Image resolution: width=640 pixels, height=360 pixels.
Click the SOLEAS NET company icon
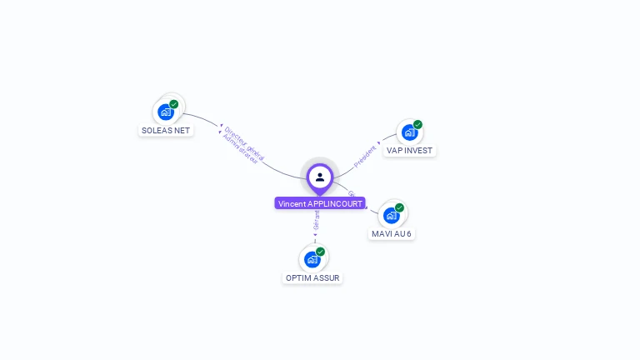pyautogui.click(x=166, y=112)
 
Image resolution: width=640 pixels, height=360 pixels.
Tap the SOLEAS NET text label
pyautogui.click(x=166, y=131)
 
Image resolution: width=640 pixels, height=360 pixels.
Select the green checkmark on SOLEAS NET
pyautogui.click(x=174, y=104)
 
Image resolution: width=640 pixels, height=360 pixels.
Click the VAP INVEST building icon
pyautogui.click(x=408, y=132)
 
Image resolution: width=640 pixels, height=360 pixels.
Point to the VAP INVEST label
pyautogui.click(x=409, y=151)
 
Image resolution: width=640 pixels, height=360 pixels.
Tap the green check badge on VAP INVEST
pyautogui.click(x=417, y=124)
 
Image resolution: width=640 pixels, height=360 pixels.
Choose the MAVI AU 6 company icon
pyautogui.click(x=390, y=215)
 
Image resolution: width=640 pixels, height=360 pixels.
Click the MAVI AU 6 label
pyautogui.click(x=391, y=234)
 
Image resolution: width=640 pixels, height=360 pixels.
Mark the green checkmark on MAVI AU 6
pyautogui.click(x=399, y=207)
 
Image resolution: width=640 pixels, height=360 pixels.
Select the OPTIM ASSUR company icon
pyautogui.click(x=312, y=258)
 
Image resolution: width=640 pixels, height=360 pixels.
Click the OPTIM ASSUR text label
pyautogui.click(x=312, y=277)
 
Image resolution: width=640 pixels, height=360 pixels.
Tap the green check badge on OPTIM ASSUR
pyautogui.click(x=321, y=251)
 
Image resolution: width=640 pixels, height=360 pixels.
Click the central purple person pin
pyautogui.click(x=320, y=177)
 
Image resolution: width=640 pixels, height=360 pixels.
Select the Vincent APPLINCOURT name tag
pyautogui.click(x=320, y=203)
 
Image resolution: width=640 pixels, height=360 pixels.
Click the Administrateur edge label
pyautogui.click(x=241, y=148)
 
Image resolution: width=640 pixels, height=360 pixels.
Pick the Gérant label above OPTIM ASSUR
pyautogui.click(x=316, y=220)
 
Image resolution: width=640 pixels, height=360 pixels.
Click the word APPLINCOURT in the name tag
pyautogui.click(x=336, y=203)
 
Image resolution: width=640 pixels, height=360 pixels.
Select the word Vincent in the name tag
pyautogui.click(x=292, y=203)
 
